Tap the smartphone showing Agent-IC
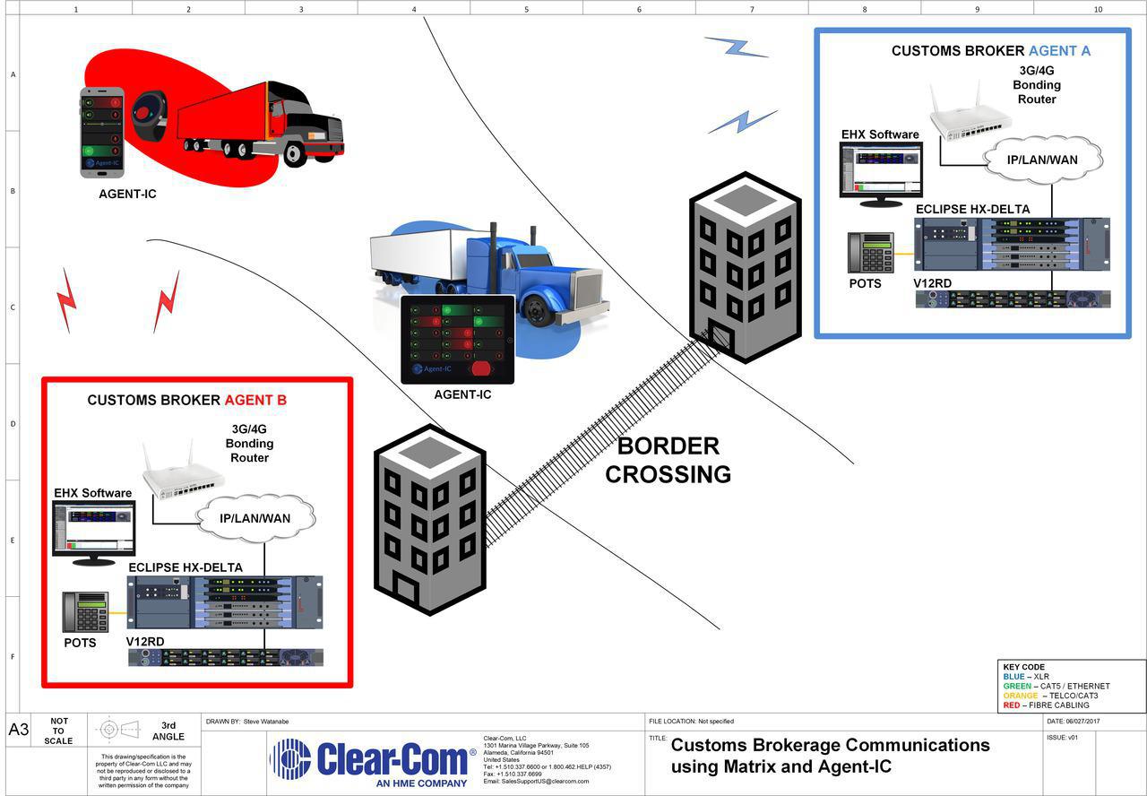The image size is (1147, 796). [102, 132]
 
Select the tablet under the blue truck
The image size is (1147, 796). [457, 340]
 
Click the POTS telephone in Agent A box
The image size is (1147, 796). [870, 253]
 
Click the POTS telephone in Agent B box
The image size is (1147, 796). [85, 611]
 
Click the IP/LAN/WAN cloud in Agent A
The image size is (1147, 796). [1042, 160]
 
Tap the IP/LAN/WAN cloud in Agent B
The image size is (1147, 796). [255, 518]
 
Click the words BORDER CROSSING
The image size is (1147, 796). [668, 460]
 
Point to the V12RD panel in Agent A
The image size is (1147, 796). [1013, 299]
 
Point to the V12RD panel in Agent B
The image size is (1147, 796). [226, 657]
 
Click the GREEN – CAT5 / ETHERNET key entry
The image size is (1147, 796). [1056, 686]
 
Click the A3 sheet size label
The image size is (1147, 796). [19, 730]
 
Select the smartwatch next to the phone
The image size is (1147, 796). [148, 114]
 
